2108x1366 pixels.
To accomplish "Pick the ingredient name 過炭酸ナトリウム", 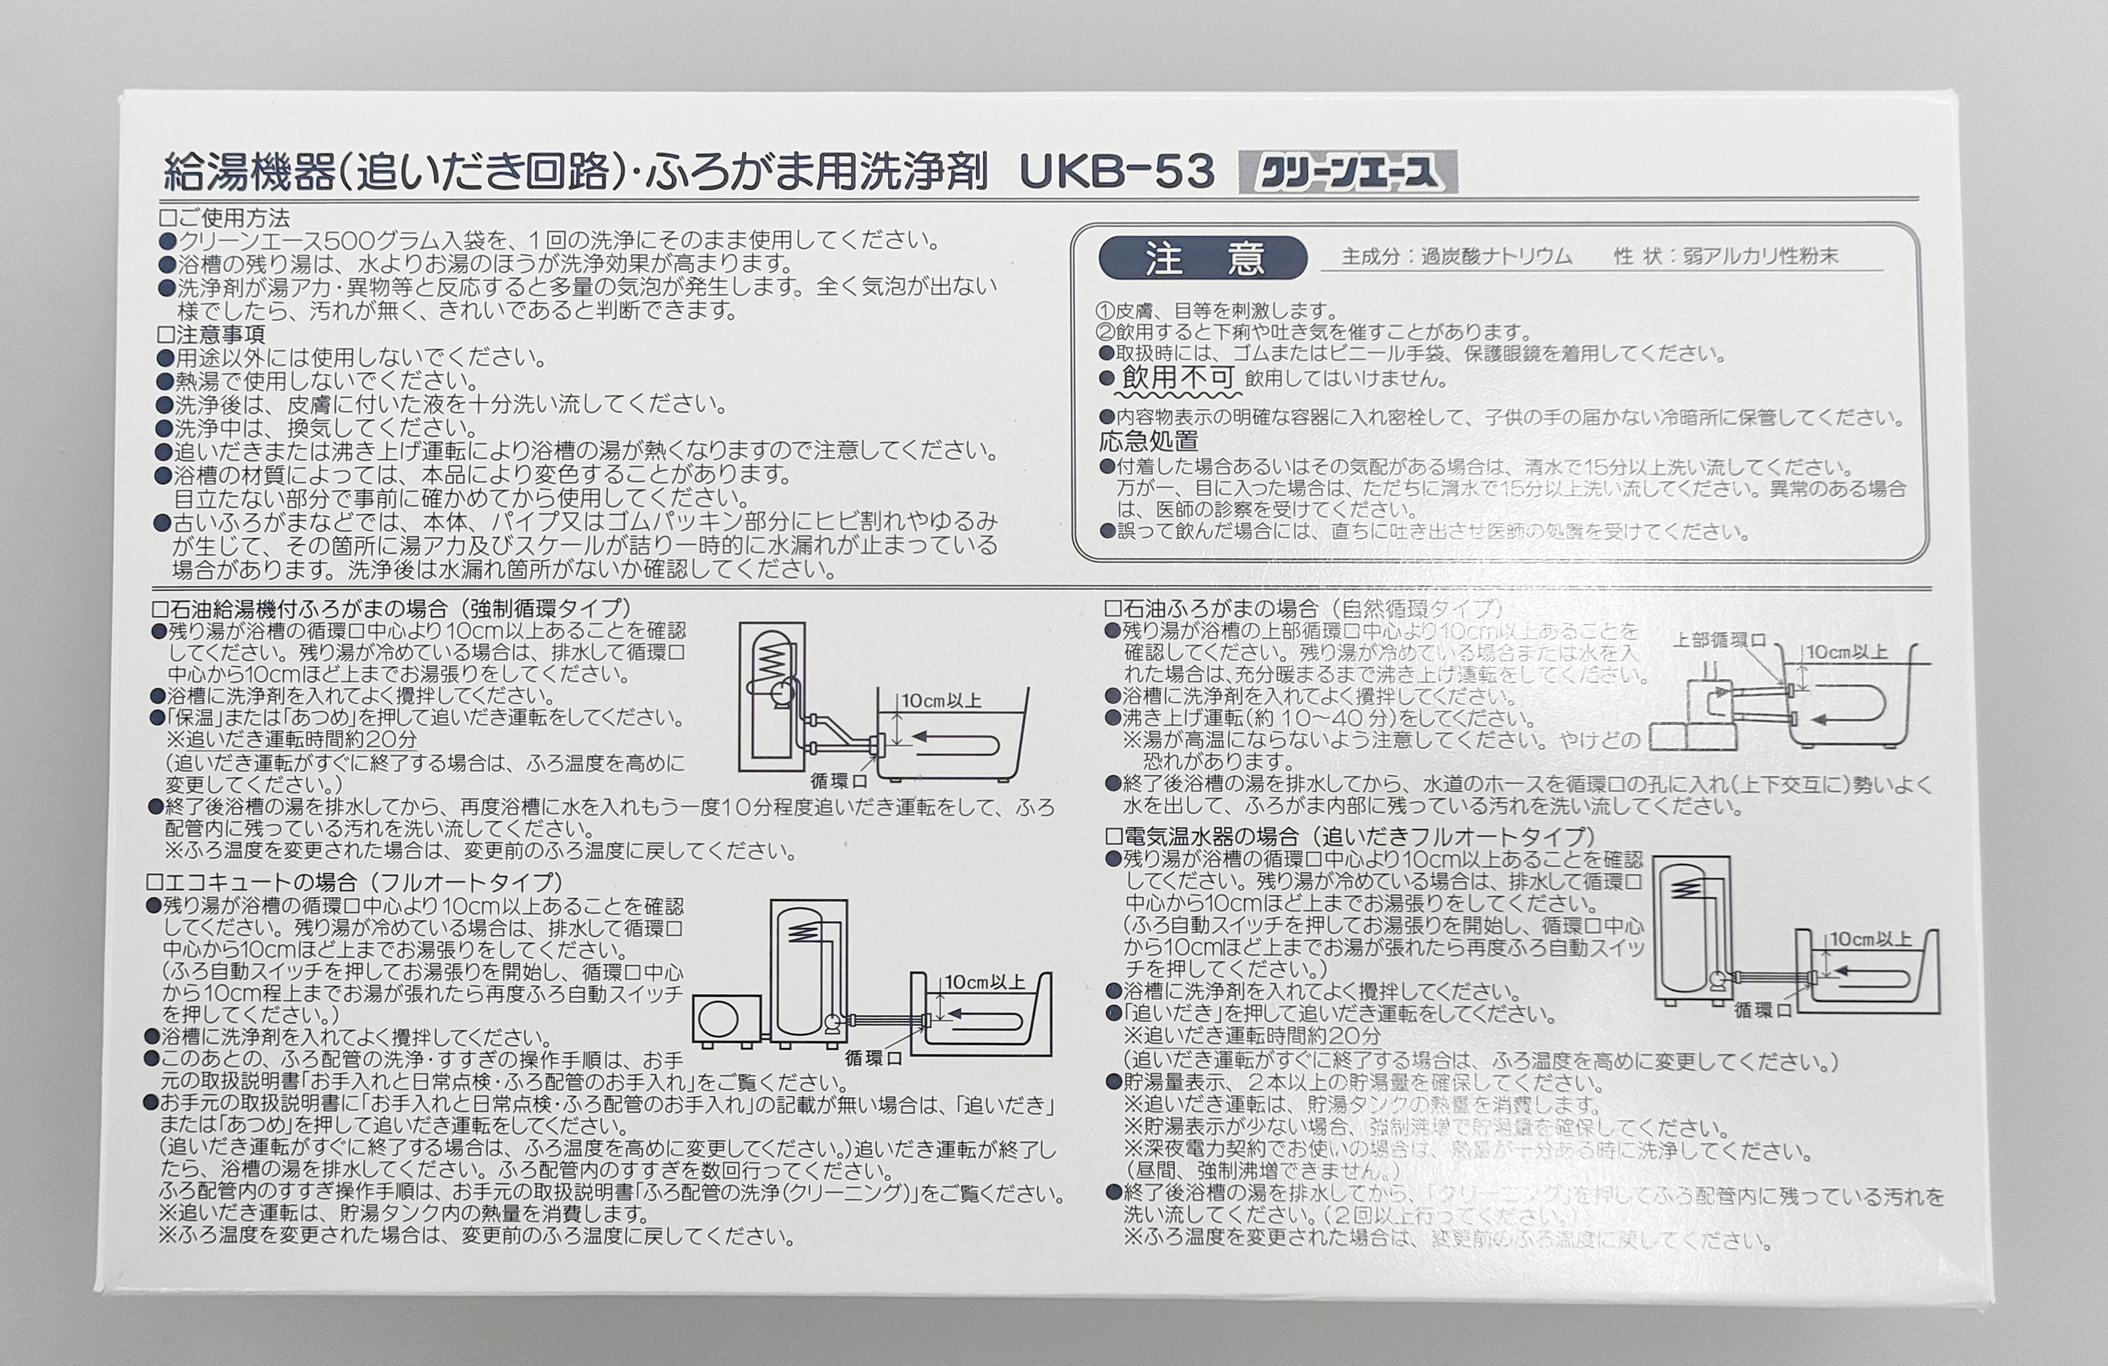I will click(1496, 257).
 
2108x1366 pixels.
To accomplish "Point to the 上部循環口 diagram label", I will click(1719, 640).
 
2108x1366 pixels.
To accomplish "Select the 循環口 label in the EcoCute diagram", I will click(873, 1059).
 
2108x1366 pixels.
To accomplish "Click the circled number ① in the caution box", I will click(1104, 311).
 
